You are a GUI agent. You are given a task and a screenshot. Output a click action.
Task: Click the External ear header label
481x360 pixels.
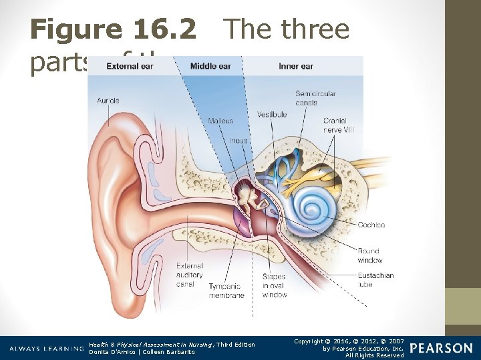[130, 66]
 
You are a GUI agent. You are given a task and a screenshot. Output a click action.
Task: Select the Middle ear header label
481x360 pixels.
[211, 66]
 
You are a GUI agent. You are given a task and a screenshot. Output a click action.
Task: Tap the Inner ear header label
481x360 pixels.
[296, 66]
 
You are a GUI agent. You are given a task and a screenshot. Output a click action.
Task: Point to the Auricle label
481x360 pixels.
[108, 101]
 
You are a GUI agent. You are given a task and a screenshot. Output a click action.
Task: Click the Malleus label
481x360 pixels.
[220, 121]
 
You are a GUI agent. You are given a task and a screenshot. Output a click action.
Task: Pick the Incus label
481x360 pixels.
[238, 141]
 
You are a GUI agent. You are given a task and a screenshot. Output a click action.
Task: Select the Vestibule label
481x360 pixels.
[272, 115]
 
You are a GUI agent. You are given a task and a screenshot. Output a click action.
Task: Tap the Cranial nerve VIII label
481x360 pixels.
[339, 125]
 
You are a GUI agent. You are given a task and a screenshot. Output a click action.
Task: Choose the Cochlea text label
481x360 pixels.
[371, 225]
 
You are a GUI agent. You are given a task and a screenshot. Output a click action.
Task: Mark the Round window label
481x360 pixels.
[369, 255]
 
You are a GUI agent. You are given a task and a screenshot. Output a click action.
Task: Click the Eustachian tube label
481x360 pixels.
[375, 280]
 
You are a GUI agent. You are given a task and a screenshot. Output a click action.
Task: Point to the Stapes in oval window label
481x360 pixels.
[274, 285]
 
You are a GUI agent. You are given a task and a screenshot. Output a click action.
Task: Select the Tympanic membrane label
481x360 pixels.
[226, 291]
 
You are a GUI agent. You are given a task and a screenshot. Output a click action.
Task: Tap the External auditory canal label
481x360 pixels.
[190, 275]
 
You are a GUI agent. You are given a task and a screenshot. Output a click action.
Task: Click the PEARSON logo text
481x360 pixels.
[440, 348]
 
